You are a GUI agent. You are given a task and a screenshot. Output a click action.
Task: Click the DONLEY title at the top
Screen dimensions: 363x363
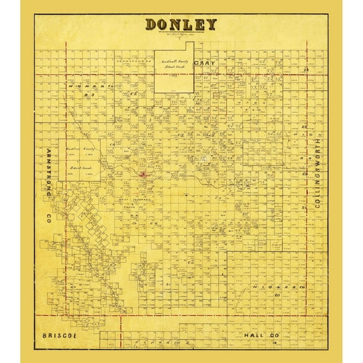[x=181, y=25]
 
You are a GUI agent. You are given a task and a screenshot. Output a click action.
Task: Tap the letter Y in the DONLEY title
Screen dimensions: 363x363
[x=210, y=25]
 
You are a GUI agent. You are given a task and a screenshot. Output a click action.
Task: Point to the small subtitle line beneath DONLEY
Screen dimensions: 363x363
[x=181, y=35]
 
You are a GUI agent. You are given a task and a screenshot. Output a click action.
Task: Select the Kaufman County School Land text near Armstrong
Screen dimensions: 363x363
[x=81, y=154]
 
